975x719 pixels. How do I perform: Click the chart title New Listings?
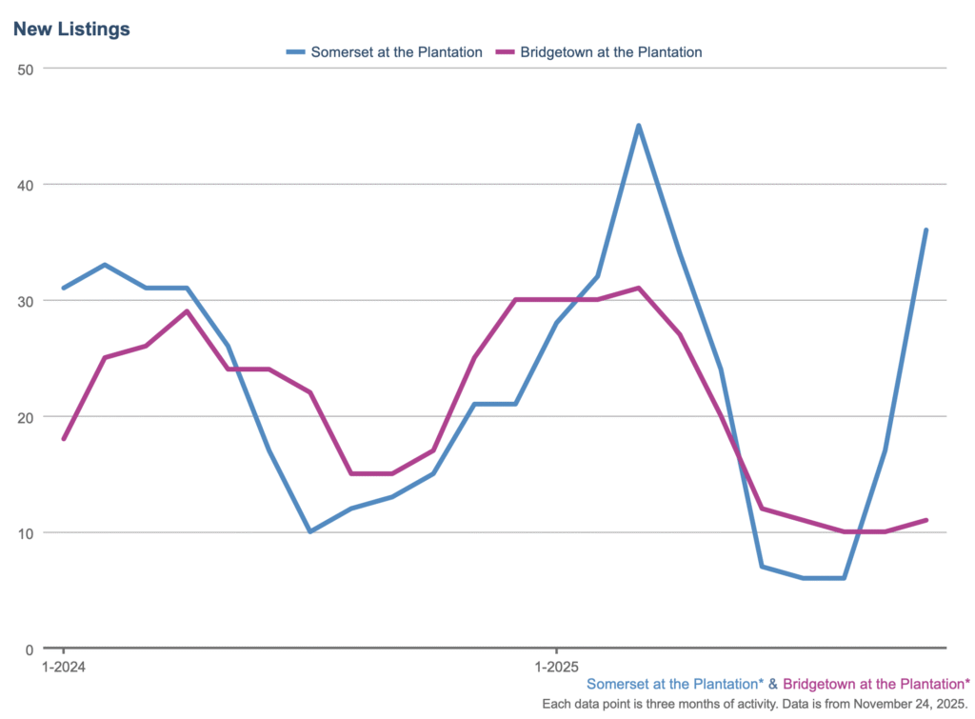tap(71, 30)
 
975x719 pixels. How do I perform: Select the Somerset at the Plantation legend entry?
tap(386, 52)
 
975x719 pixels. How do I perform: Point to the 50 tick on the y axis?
tap(26, 69)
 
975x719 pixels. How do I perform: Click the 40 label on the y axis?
tap(26, 185)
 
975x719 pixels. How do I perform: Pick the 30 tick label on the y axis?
tap(26, 301)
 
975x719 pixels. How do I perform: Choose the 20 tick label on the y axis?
tap(26, 417)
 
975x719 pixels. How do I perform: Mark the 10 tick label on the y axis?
tap(26, 533)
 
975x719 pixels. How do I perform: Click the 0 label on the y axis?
tap(30, 649)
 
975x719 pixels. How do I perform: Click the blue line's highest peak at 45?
tap(638, 126)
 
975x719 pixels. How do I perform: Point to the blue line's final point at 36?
tap(925, 230)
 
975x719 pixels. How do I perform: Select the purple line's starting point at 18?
tap(63, 439)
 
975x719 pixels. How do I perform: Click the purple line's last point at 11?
tap(925, 520)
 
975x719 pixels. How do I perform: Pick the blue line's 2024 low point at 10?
tap(309, 531)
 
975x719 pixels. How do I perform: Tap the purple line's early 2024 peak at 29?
tap(187, 311)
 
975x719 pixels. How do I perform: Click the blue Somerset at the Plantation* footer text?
tap(675, 684)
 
